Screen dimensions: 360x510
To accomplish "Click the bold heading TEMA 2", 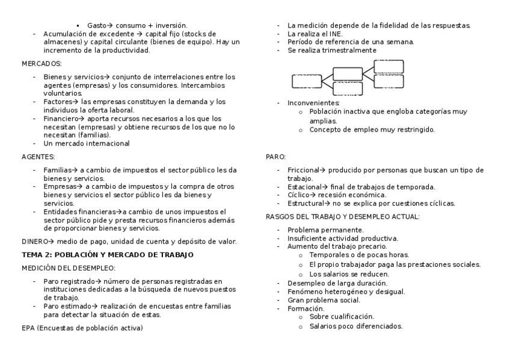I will [x=108, y=255].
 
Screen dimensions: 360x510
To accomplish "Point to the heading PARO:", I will [x=275, y=156].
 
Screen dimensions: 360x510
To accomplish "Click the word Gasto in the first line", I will [x=96, y=26].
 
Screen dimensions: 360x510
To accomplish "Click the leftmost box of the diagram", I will [x=307, y=81].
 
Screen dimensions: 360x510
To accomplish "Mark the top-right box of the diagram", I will [x=389, y=66].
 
